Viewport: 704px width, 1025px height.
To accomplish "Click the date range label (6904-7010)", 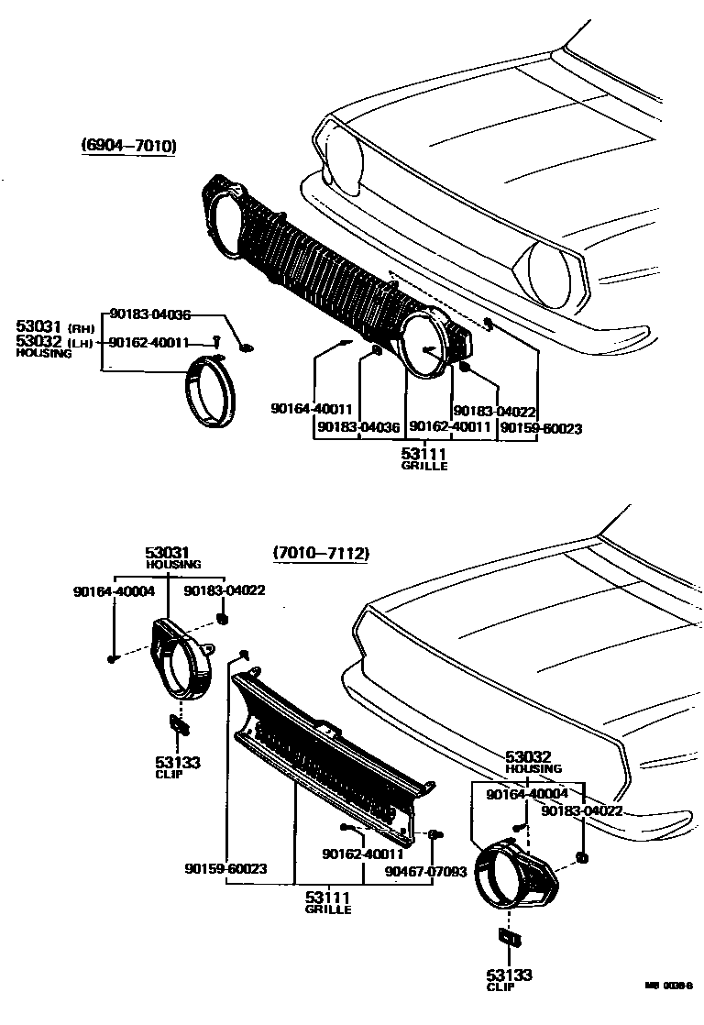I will pos(128,146).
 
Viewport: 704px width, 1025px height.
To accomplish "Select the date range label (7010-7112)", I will pos(320,554).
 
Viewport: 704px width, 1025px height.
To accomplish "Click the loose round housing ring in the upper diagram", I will pos(211,392).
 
